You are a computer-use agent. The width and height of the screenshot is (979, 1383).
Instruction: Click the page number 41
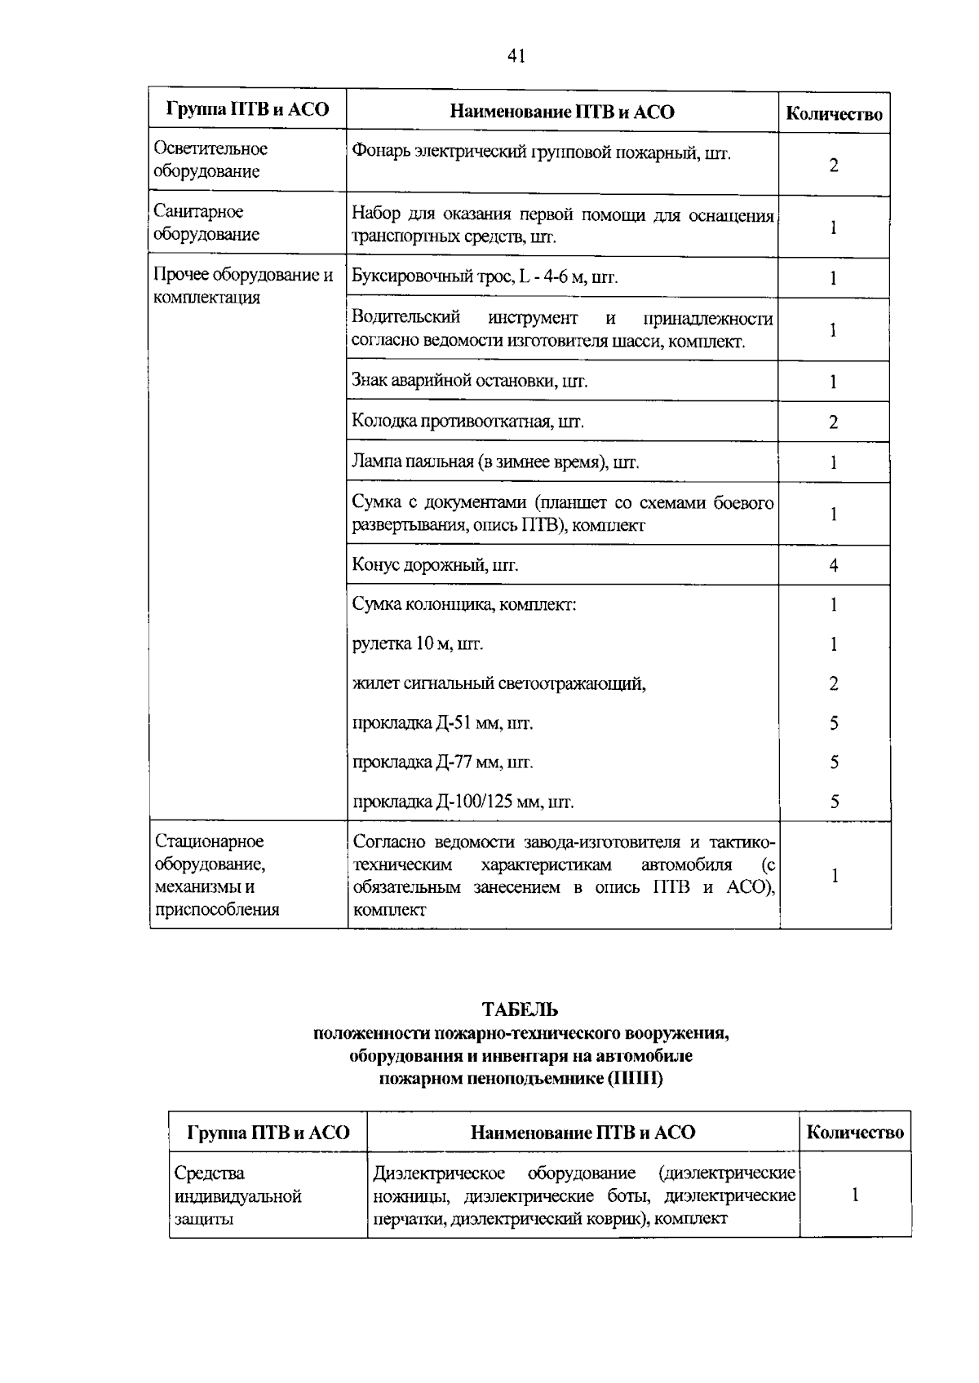pyautogui.click(x=516, y=56)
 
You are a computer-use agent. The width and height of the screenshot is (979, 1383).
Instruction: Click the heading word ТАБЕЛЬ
pyautogui.click(x=520, y=1010)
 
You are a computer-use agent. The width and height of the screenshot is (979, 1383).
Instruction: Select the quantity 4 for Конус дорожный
pyautogui.click(x=833, y=565)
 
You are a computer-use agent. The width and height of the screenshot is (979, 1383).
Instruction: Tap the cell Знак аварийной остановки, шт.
pyautogui.click(x=469, y=381)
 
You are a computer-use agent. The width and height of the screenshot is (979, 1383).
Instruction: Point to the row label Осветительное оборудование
pyautogui.click(x=210, y=160)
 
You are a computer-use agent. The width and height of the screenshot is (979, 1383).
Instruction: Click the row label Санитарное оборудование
pyautogui.click(x=206, y=223)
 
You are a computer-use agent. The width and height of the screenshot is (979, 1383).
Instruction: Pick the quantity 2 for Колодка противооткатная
pyautogui.click(x=833, y=422)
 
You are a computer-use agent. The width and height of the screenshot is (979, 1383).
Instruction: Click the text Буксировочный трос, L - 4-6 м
pyautogui.click(x=485, y=278)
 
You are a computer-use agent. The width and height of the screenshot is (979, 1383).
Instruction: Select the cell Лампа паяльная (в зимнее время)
pyautogui.click(x=495, y=462)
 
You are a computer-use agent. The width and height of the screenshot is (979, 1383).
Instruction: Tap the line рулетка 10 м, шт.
pyautogui.click(x=418, y=644)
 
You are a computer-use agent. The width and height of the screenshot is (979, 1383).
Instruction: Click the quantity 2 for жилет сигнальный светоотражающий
pyautogui.click(x=833, y=684)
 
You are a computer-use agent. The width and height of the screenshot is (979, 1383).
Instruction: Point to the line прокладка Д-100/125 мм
pyautogui.click(x=463, y=802)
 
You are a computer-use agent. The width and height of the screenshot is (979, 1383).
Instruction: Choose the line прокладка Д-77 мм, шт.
pyautogui.click(x=442, y=762)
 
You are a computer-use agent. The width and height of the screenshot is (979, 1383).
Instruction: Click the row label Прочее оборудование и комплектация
pyautogui.click(x=243, y=285)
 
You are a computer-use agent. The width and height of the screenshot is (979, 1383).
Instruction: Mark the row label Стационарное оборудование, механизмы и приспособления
pyautogui.click(x=217, y=875)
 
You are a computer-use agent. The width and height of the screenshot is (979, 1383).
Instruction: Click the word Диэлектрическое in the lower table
pyautogui.click(x=438, y=1173)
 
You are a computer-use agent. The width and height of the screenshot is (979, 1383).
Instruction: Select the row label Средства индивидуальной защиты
pyautogui.click(x=237, y=1196)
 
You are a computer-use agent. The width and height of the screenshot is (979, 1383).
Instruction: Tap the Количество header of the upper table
pyautogui.click(x=833, y=114)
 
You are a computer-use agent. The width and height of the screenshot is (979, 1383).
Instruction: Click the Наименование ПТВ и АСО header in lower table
pyautogui.click(x=583, y=1132)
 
